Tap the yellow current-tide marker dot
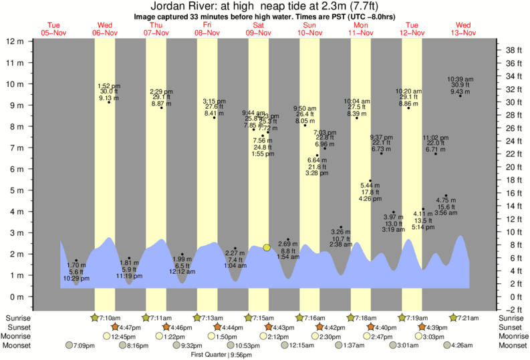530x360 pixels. (267, 247)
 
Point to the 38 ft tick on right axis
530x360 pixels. (511, 50)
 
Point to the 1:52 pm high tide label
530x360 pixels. (108, 86)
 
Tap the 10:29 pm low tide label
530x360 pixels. (76, 277)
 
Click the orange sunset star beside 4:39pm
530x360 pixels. (422, 327)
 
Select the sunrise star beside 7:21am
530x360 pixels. (453, 317)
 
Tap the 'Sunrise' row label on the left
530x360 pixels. (18, 317)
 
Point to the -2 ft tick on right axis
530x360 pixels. (511, 309)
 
